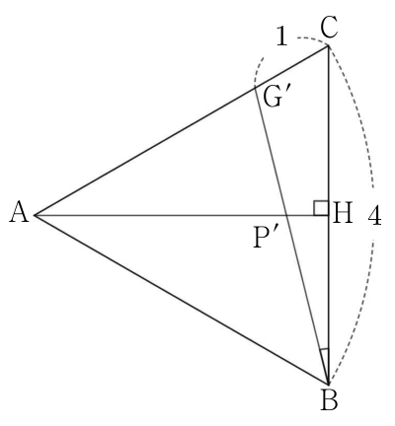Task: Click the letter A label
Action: [19, 213]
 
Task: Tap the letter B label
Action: [329, 401]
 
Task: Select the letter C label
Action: [329, 28]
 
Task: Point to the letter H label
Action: [343, 213]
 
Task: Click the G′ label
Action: [273, 98]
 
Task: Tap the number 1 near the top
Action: [281, 36]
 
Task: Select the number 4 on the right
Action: [374, 216]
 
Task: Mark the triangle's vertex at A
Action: [35, 215]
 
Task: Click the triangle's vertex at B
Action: [328, 384]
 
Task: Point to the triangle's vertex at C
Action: [328, 46]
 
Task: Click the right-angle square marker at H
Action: [321, 208]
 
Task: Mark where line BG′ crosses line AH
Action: [287, 215]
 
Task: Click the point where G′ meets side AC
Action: [255, 87]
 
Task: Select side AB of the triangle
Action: [182, 300]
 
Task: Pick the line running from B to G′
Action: [291, 235]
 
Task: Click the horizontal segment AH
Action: [182, 215]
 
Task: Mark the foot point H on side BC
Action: [328, 215]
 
